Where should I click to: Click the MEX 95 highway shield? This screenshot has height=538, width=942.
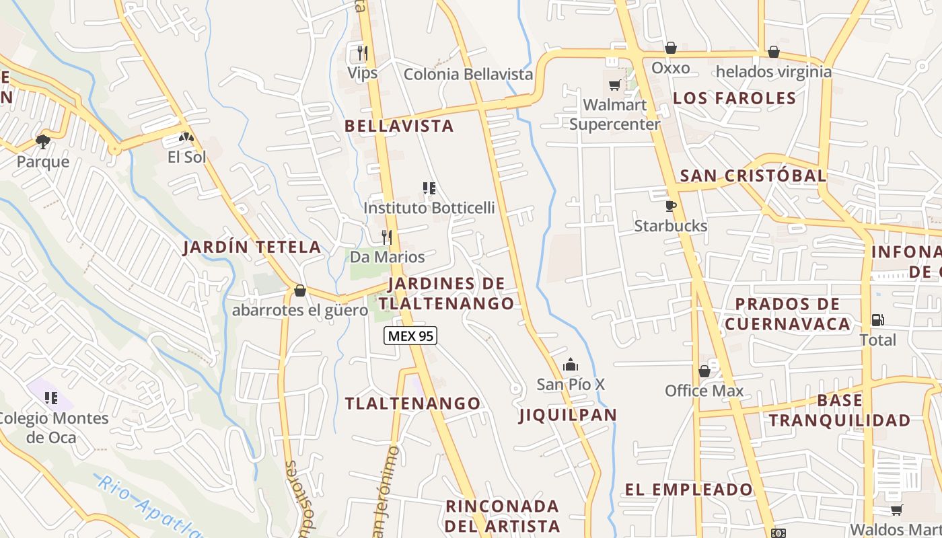coord(410,336)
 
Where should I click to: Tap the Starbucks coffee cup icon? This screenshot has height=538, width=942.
coord(670,206)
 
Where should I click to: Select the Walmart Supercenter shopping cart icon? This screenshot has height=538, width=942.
coord(614,85)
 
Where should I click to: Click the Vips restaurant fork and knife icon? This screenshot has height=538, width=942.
coord(362,52)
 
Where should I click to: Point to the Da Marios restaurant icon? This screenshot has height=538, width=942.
coord(387,237)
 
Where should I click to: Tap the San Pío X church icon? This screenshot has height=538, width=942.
coord(571,364)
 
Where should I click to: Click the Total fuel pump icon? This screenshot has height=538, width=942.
coord(877,320)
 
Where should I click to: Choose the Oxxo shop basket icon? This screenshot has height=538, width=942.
coord(670,48)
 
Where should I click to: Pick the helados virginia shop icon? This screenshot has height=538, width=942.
coord(774,52)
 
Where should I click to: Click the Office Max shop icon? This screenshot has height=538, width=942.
coord(704,371)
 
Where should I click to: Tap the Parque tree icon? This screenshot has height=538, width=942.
coord(43,141)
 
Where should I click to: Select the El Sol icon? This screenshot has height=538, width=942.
coord(186,137)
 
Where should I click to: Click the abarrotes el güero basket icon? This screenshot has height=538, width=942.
coord(300,291)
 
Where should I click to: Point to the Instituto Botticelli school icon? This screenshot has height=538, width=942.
coord(429,188)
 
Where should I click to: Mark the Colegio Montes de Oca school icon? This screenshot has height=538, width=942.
coord(51,398)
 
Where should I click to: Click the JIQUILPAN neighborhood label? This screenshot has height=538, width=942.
coord(568,415)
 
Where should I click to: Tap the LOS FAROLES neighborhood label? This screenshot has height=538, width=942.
coord(734,98)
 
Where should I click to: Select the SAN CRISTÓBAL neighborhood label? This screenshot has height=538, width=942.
coord(753,176)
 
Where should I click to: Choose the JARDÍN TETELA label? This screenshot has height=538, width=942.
coord(252,247)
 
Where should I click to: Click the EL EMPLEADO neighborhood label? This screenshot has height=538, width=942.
coord(688,490)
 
